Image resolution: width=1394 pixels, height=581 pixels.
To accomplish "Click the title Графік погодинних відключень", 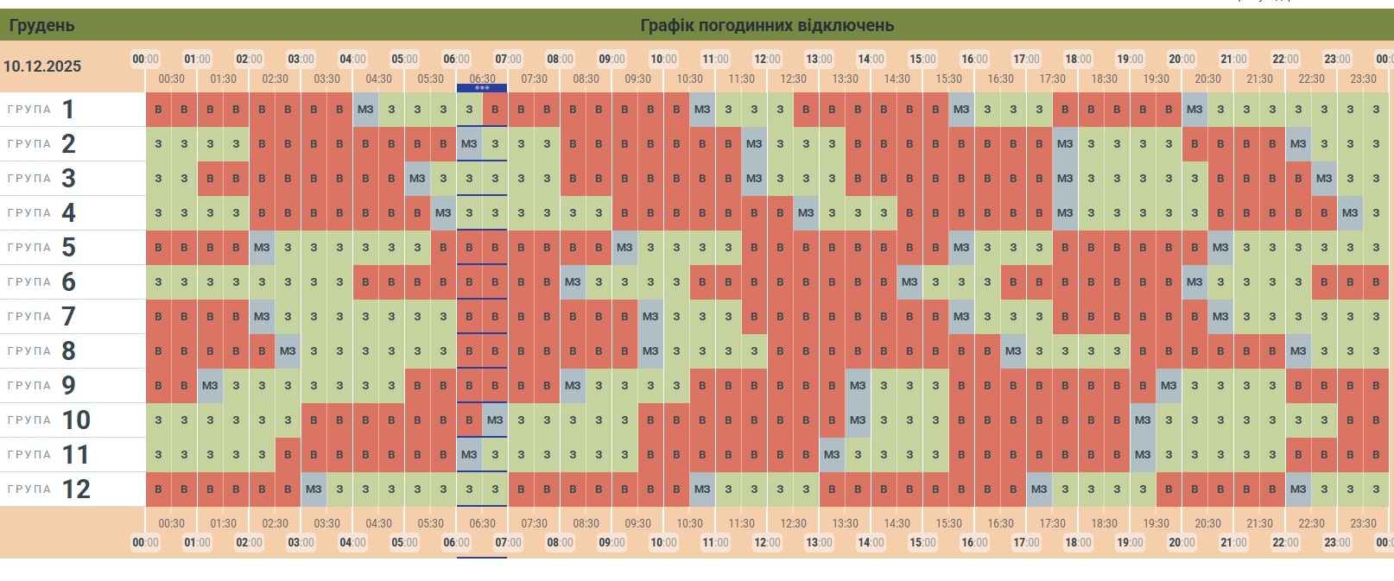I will click(766, 25).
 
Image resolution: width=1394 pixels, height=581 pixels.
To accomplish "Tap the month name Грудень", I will click(41, 25).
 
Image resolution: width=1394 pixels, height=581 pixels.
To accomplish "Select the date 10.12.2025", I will click(42, 66).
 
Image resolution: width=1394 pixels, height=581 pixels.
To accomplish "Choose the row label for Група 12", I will click(49, 489).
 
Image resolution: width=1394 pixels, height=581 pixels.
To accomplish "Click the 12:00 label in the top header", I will click(767, 59).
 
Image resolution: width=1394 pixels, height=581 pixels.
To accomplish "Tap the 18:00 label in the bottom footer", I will click(1078, 542).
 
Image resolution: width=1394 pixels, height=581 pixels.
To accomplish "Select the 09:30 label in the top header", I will click(637, 79).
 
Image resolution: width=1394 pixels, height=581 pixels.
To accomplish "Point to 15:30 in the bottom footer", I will click(948, 523).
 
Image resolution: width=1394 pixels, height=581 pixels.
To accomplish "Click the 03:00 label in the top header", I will click(301, 59).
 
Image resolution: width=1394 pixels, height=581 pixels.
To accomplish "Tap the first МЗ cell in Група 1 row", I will click(365, 110).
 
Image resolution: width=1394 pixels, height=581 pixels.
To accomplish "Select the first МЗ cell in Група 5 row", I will click(262, 248).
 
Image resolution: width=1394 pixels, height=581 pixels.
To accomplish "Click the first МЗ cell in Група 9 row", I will click(210, 386).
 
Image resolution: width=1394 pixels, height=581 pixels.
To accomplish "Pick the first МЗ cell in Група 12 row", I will click(314, 489).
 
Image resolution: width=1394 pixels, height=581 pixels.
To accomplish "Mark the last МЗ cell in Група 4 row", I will click(1350, 213).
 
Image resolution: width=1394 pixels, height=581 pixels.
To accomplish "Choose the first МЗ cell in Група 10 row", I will click(495, 420).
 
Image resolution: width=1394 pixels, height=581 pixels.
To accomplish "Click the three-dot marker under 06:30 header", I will click(482, 88).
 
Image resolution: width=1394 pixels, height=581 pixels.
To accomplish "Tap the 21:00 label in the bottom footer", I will click(1233, 542).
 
